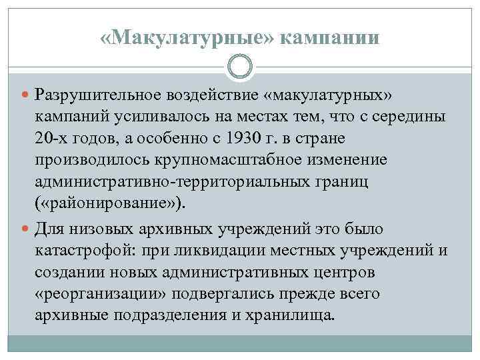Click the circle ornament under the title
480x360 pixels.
(x=240, y=67)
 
